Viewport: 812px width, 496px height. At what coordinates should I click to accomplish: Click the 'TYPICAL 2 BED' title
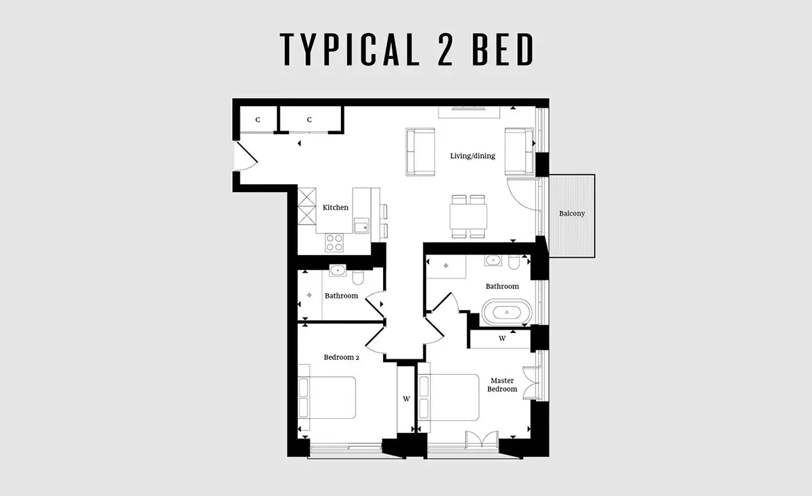coord(407,49)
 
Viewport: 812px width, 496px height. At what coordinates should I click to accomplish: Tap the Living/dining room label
coord(473,156)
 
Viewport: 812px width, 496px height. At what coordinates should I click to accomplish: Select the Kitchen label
coord(336,207)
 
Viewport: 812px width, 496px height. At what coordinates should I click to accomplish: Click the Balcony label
coord(572,214)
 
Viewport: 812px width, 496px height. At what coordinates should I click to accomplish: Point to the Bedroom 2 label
coord(342,357)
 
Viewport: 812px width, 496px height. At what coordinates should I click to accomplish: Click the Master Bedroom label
coord(502,385)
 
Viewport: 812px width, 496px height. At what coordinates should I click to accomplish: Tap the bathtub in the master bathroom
coord(507,312)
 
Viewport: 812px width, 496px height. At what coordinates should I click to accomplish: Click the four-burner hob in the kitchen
coord(334,242)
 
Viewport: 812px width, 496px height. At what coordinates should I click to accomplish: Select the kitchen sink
coord(361,226)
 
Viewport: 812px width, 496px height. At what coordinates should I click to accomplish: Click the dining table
coord(468,216)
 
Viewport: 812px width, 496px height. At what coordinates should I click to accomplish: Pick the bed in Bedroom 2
coord(327,398)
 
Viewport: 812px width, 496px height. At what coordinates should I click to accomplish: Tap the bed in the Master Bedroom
coord(449,398)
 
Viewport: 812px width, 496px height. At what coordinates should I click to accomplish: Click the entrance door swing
coord(246,156)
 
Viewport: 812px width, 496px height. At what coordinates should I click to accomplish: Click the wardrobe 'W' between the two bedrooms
coord(407,399)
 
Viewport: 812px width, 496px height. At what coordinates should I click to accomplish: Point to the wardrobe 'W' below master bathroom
coord(502,338)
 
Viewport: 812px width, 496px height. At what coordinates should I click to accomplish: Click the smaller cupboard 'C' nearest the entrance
coord(258,120)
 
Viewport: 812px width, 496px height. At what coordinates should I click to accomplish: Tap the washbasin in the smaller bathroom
coord(338,271)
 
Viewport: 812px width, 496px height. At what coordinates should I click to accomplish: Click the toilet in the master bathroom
coord(514,262)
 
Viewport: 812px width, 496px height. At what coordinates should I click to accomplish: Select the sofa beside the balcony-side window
coord(519,152)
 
